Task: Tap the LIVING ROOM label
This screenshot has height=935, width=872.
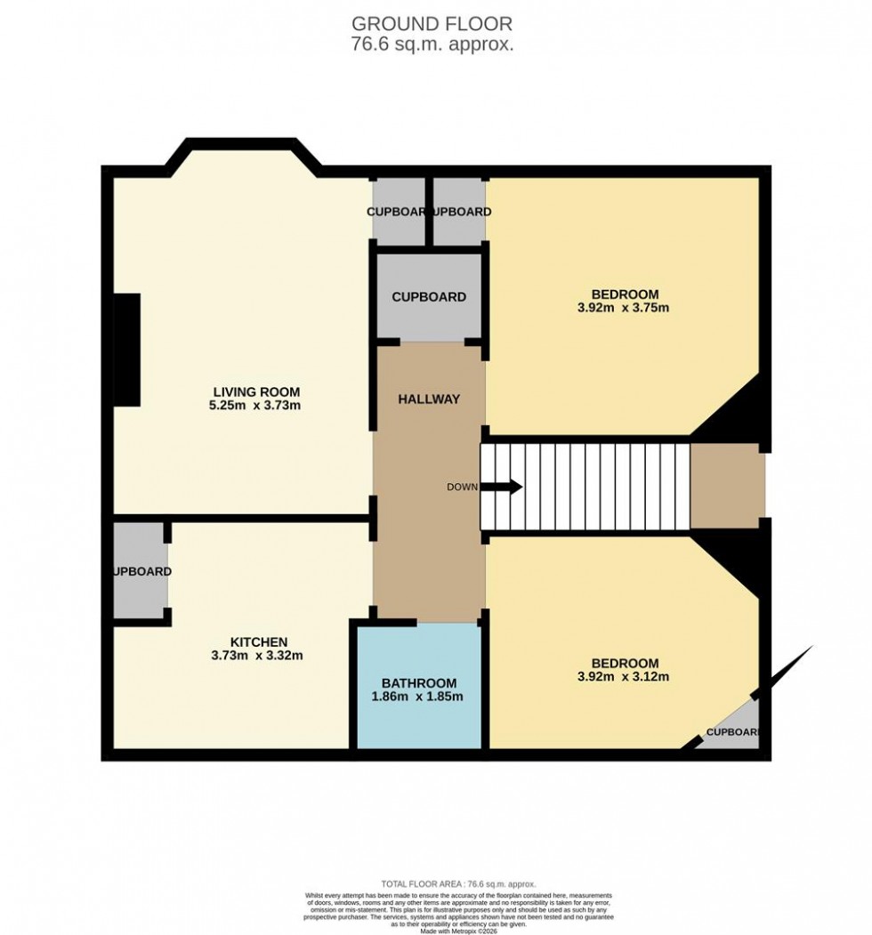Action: (x=256, y=391)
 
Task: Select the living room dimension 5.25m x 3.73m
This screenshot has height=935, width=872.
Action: (x=256, y=406)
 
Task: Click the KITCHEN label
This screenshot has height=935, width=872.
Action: (x=259, y=641)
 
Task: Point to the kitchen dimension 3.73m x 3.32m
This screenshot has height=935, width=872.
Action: (x=259, y=657)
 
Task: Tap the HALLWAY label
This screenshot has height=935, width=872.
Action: (x=429, y=399)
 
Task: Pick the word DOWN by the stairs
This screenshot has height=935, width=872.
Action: (x=462, y=488)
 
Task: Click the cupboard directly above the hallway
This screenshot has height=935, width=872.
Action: (x=429, y=296)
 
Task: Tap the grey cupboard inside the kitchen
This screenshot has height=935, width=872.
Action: (x=139, y=570)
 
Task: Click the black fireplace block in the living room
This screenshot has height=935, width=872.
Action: (x=127, y=350)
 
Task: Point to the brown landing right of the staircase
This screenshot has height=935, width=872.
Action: (x=726, y=486)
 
